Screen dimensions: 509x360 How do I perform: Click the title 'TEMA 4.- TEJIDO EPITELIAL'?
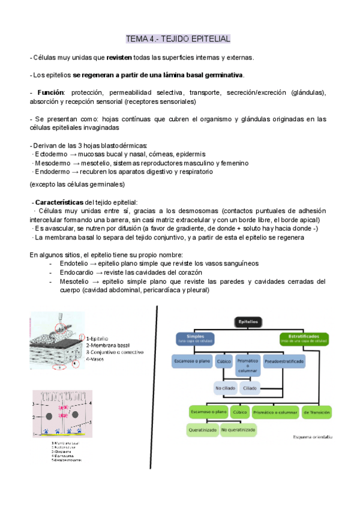(x=178, y=39)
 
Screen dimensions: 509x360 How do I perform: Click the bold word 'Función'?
(x=50, y=93)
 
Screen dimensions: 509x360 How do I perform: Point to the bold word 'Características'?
(x=60, y=202)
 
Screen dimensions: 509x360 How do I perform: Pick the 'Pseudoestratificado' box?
(x=284, y=362)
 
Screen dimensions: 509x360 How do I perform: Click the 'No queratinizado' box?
(x=239, y=430)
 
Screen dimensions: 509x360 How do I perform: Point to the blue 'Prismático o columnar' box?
(x=248, y=365)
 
